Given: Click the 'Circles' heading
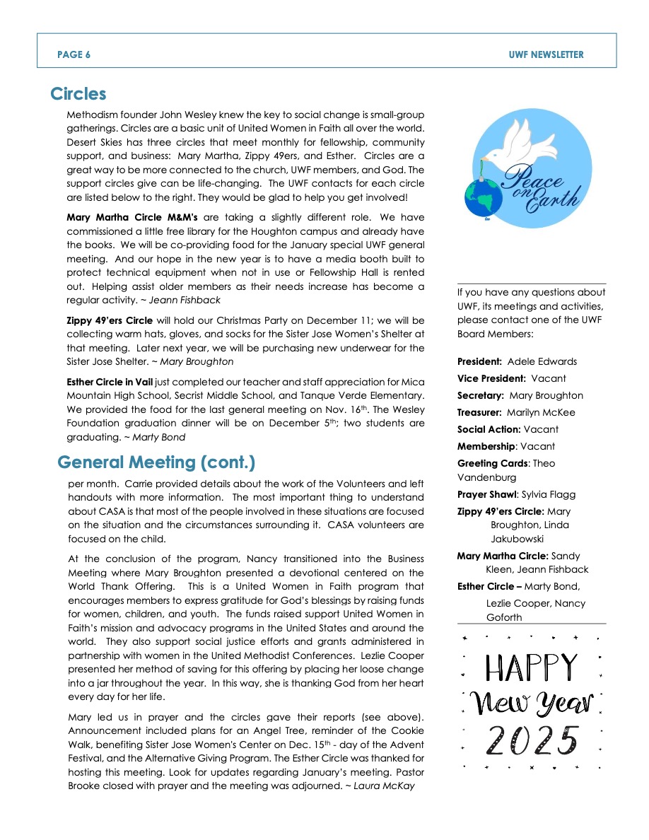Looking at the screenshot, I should [x=78, y=94].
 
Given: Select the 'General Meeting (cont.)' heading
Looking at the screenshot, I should [x=156, y=462].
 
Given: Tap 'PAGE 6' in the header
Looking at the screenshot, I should [x=74, y=54].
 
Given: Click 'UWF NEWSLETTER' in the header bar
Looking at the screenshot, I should [x=546, y=54].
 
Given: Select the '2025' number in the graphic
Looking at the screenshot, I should [x=532, y=740].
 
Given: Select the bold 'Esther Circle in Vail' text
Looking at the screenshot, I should [x=110, y=383].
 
